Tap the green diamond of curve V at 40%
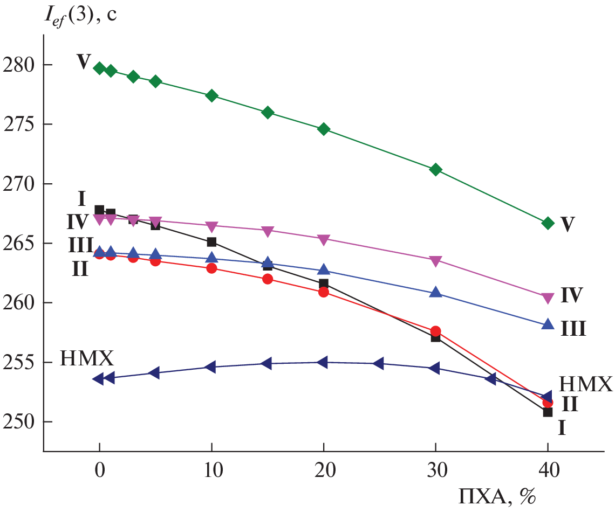(548, 224)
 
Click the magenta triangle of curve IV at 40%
(548, 297)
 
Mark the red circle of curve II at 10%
(211, 268)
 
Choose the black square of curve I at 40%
(548, 412)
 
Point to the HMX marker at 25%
(379, 363)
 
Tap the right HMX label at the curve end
(586, 384)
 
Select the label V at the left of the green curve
(83, 62)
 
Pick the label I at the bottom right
(562, 428)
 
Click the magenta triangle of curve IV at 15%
(268, 231)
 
